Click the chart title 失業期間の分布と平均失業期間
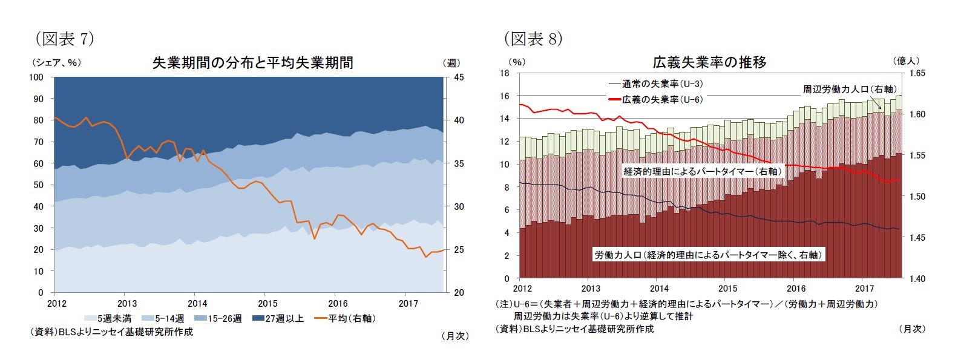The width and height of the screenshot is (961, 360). (x=252, y=63)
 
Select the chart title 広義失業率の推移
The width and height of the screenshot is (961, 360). (x=709, y=62)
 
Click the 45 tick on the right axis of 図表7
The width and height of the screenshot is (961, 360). (x=459, y=77)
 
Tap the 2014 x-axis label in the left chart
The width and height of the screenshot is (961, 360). (x=197, y=303)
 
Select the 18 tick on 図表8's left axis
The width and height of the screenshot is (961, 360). (x=504, y=73)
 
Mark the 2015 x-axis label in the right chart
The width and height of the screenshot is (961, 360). (x=727, y=289)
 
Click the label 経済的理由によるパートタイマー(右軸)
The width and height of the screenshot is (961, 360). (x=703, y=171)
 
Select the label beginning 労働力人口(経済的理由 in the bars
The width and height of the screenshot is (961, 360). (x=708, y=255)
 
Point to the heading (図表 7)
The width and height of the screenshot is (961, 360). (x=64, y=39)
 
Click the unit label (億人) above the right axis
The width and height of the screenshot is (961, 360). (x=905, y=61)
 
